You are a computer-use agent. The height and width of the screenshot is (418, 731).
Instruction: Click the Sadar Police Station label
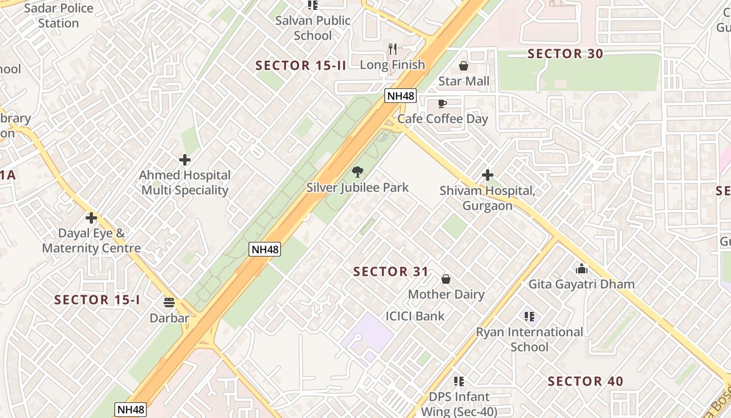pyautogui.click(x=58, y=16)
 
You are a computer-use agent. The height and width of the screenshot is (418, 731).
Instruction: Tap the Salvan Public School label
pyautogui.click(x=313, y=28)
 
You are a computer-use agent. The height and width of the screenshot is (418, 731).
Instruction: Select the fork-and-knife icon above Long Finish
pyautogui.click(x=393, y=49)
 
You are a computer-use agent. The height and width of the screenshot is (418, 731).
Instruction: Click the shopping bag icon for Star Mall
pyautogui.click(x=463, y=66)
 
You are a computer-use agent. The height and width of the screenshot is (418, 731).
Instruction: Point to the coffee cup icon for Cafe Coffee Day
pyautogui.click(x=442, y=103)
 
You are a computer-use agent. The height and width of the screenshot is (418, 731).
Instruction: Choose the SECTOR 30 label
pyautogui.click(x=565, y=54)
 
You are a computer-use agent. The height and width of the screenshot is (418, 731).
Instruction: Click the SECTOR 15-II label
pyautogui.click(x=301, y=66)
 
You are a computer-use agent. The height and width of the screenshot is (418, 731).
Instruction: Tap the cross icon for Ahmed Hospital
pyautogui.click(x=184, y=160)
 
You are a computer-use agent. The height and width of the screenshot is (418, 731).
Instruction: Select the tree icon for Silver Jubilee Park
pyautogui.click(x=358, y=172)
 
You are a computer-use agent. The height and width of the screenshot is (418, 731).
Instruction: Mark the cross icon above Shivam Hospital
pyautogui.click(x=488, y=175)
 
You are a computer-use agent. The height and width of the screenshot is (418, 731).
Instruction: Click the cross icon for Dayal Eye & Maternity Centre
pyautogui.click(x=91, y=218)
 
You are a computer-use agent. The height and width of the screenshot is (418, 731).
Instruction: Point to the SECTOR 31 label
pyautogui.click(x=391, y=272)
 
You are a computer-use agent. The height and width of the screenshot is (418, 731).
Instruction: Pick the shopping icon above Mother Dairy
pyautogui.click(x=446, y=279)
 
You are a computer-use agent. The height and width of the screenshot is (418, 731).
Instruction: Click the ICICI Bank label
pyautogui.click(x=415, y=316)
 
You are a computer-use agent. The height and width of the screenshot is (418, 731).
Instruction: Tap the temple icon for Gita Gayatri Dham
pyautogui.click(x=582, y=269)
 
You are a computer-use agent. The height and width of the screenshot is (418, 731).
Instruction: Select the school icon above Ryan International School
pyautogui.click(x=529, y=317)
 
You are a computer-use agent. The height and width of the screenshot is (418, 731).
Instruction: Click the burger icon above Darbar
pyautogui.click(x=169, y=303)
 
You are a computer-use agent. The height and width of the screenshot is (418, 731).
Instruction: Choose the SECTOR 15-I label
pyautogui.click(x=97, y=300)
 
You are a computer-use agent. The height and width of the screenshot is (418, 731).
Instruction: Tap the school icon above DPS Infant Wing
pyautogui.click(x=459, y=381)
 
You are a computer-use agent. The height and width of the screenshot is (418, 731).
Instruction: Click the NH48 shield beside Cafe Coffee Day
pyautogui.click(x=400, y=96)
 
